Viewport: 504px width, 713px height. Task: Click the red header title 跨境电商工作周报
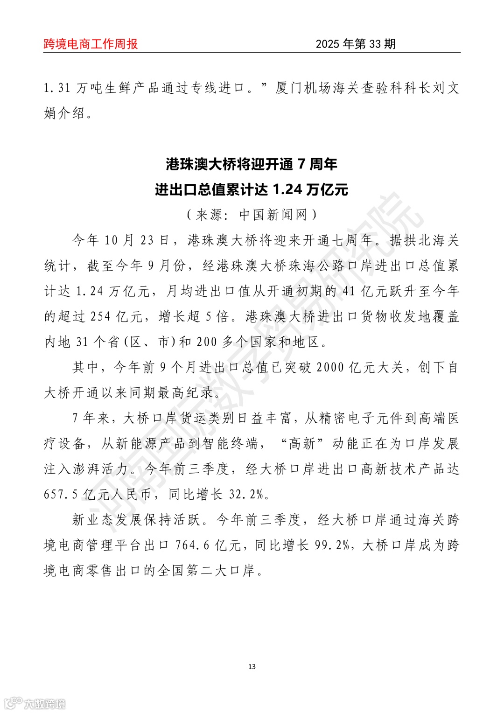coord(91,44)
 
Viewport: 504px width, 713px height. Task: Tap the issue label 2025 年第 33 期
coord(356,44)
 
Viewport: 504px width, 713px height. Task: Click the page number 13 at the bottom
coord(252,666)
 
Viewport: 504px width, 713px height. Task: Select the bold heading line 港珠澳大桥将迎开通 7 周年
coord(252,164)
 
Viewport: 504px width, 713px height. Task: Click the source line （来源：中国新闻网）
coord(252,215)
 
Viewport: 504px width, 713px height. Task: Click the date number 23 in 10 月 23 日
coord(147,240)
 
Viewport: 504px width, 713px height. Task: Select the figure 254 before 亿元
coord(100,316)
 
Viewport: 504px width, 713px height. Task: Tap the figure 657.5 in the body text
coord(61,494)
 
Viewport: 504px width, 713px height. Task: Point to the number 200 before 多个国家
coord(207,342)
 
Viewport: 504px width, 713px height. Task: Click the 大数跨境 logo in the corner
coord(35,703)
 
